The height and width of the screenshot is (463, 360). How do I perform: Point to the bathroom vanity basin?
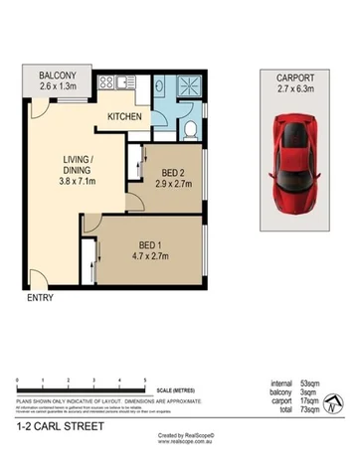tap(162, 88)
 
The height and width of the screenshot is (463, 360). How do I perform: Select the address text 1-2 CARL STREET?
tap(53, 427)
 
